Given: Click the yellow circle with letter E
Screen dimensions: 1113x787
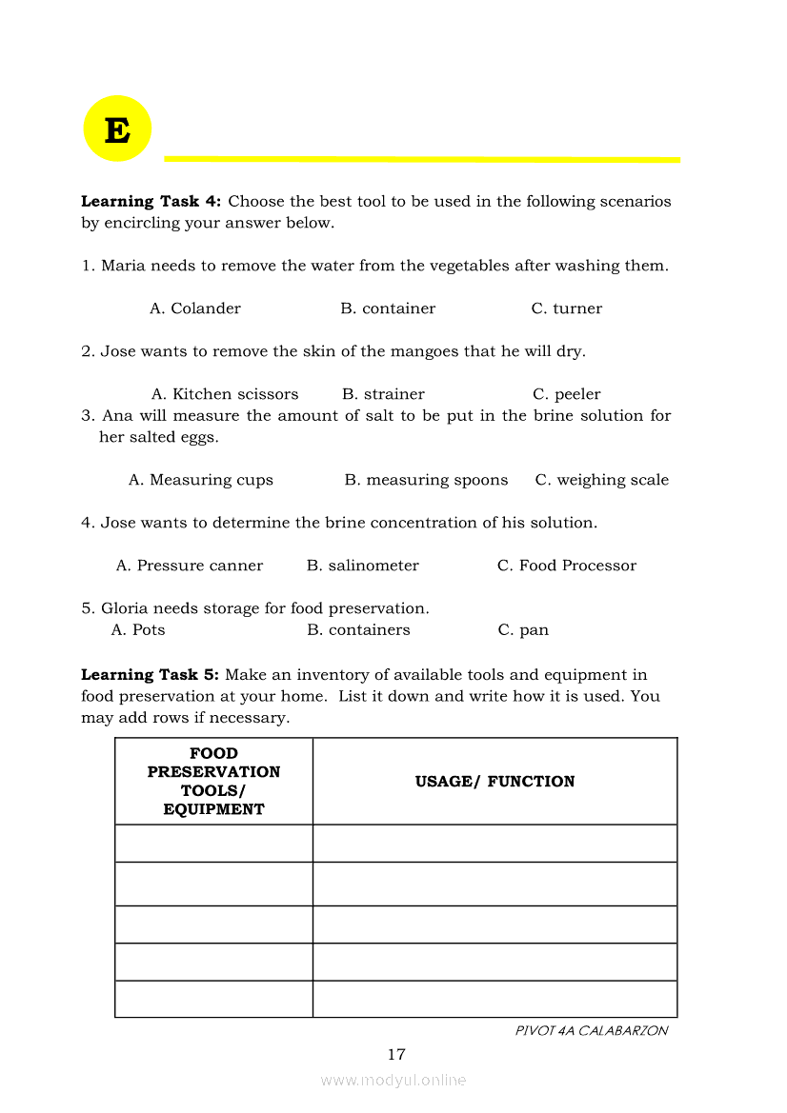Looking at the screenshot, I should pos(117,129).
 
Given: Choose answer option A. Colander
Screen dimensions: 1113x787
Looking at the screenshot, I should pos(195,308).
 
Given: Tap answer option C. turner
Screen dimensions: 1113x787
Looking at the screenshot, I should pos(566,308).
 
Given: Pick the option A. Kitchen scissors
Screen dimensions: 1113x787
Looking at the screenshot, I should pos(225,394).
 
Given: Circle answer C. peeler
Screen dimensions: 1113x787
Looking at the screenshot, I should pos(566,394).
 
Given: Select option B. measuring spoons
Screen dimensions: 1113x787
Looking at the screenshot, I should pos(426,480).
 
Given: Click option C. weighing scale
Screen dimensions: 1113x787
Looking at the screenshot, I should pos(601,480).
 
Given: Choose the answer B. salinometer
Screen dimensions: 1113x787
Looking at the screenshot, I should pos(362,566).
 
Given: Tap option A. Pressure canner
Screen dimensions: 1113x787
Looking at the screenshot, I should pos(190,566).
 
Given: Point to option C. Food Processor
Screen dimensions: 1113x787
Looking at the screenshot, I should pos(566,566).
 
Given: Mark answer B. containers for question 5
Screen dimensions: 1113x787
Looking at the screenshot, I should pos(358,630).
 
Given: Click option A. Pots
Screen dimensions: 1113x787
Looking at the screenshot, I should pos(138,630).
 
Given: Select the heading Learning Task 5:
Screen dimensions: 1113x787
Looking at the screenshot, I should pos(151,675).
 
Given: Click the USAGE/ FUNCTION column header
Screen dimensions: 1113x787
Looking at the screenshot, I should pos(494,782).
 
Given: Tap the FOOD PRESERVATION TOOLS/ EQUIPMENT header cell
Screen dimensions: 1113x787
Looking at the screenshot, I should pos(213,782).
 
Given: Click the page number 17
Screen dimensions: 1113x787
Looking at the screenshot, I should pos(396,1054).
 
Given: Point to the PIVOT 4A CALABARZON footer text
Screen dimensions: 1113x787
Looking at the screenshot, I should pos(591,1030).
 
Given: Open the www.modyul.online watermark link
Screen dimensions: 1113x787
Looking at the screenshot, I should pos(393,1080).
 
